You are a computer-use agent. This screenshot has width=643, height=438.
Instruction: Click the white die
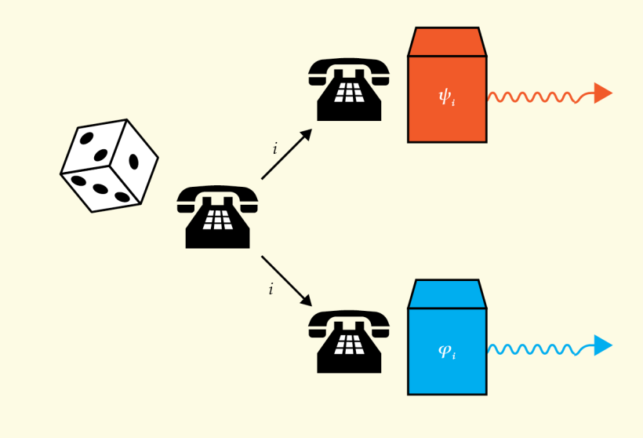tap(109, 166)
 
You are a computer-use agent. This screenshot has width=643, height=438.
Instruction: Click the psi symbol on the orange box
tap(445, 97)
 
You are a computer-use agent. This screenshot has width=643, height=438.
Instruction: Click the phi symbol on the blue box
tap(445, 350)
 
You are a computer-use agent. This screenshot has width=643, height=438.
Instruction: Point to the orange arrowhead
tap(602, 93)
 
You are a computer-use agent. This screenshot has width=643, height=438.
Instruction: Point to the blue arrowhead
tap(602, 345)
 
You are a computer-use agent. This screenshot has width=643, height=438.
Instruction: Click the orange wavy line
tap(533, 97)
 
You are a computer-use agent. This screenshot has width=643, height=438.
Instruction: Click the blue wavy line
tap(533, 349)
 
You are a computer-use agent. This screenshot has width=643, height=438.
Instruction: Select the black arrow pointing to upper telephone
tap(286, 155)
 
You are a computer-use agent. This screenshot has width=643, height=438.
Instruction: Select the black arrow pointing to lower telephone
tap(286, 280)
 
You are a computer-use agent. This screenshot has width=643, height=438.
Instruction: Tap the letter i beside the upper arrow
tap(274, 148)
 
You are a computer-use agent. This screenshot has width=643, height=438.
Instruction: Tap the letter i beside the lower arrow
tap(271, 289)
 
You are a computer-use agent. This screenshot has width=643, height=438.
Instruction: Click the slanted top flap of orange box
tap(446, 42)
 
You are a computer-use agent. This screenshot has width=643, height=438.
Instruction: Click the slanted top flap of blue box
tap(446, 294)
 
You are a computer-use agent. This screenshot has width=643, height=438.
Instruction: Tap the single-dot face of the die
tap(134, 162)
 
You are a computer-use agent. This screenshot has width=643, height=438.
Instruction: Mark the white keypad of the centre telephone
tap(217, 221)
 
